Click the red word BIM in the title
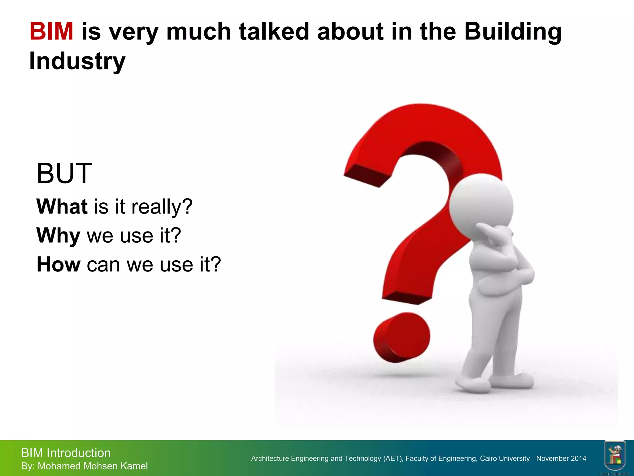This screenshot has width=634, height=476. pos(51,32)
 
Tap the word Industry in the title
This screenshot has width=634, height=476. pos(77,61)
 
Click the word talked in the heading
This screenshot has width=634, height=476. pos(274,32)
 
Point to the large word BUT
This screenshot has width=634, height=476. pos(64,173)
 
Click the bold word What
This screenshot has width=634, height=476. pos(62,206)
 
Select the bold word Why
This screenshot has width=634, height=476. pos(58,236)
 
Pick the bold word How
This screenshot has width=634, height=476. pos(59,265)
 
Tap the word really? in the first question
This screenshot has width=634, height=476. pos(162,207)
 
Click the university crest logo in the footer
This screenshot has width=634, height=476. pos(615,456)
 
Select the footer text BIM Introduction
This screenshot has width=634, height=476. pos(66,453)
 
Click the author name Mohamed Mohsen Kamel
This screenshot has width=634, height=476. pos(93,466)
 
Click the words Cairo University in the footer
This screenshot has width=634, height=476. pos(505,459)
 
